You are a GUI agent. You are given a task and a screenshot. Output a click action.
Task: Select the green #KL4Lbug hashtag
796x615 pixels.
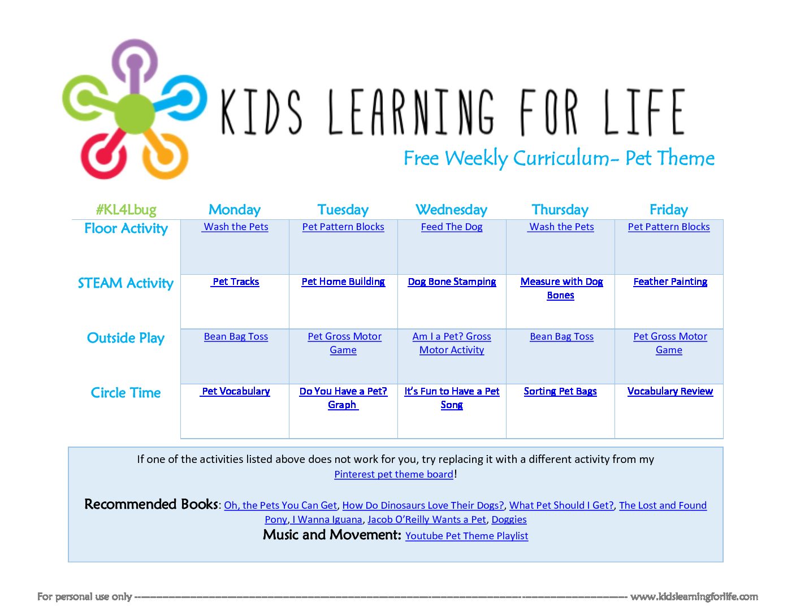tap(126, 210)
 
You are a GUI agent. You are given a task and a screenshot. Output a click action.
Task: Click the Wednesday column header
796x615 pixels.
tap(451, 210)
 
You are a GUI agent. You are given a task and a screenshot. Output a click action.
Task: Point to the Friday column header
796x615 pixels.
tap(669, 210)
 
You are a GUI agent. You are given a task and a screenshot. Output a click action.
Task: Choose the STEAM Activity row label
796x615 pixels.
tap(126, 283)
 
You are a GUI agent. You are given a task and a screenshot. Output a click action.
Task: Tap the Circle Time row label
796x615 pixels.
tap(126, 393)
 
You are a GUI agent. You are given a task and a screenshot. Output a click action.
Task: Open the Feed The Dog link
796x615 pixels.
tap(451, 227)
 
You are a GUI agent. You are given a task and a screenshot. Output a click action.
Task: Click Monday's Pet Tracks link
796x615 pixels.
tap(236, 281)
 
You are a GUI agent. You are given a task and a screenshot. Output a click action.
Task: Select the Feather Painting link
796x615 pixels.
tap(670, 281)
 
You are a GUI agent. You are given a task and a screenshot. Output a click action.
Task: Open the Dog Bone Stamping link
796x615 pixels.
tap(452, 281)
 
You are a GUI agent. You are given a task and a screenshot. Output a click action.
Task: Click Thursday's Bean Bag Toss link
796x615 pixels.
tap(561, 336)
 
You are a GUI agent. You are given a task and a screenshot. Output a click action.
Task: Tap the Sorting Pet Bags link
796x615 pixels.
tap(560, 391)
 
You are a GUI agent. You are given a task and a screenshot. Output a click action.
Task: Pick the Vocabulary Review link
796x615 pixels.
tap(670, 391)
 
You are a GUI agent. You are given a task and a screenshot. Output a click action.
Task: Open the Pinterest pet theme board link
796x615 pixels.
tap(393, 474)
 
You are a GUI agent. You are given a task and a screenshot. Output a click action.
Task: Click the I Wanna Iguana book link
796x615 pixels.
tap(327, 519)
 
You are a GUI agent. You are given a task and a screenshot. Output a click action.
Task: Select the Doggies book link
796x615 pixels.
tap(509, 519)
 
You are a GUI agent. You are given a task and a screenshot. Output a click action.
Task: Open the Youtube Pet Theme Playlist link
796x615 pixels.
tap(466, 536)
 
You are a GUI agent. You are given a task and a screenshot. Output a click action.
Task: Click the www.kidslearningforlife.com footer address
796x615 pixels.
tap(694, 597)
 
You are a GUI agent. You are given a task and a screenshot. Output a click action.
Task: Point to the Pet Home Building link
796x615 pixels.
tap(343, 281)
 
